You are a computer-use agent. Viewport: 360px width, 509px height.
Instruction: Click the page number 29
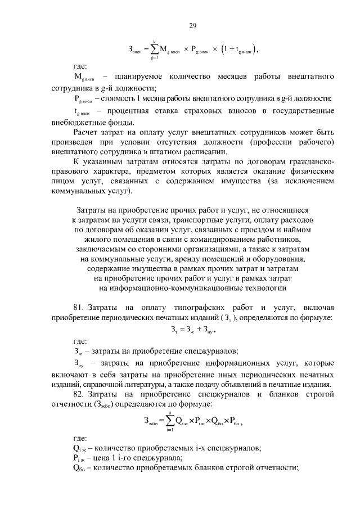pos(191,25)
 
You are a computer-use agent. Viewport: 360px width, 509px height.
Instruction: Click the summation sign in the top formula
pos(152,49)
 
